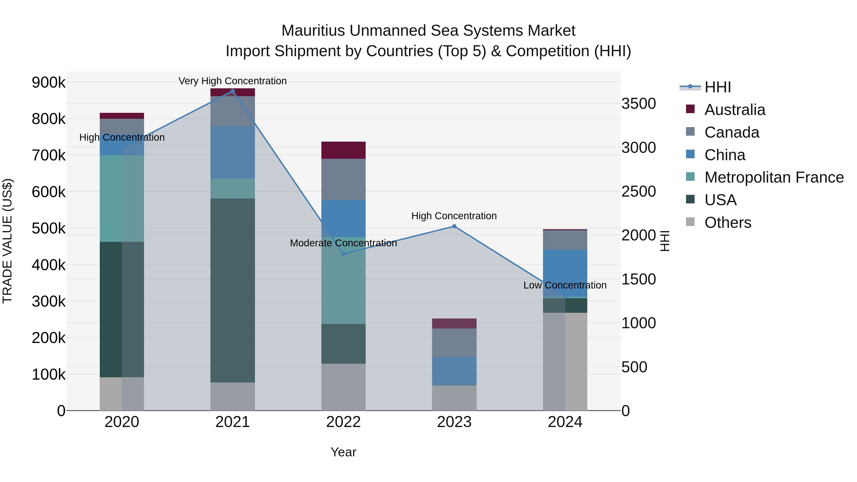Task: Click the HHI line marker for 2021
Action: pos(233,91)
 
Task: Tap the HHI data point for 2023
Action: pos(454,226)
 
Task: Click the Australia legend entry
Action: pos(735,110)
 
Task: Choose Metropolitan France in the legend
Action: pos(774,177)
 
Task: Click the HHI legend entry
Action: pos(717,87)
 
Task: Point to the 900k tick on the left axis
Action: pos(49,82)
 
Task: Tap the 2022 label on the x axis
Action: pos(343,422)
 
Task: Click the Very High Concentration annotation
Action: pos(233,81)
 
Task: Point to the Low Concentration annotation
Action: pos(565,285)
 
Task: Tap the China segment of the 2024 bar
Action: pos(565,273)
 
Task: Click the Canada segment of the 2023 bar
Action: pos(454,343)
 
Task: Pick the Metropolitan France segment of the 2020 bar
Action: pos(122,198)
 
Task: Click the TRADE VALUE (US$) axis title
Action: pos(7,241)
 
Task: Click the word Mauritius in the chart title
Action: pos(313,31)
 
